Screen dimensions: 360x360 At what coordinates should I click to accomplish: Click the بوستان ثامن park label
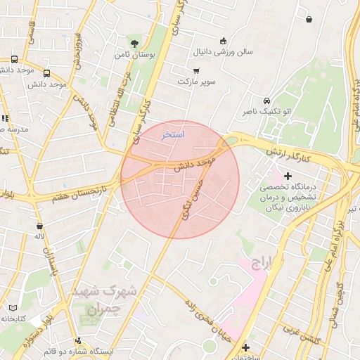[132, 53]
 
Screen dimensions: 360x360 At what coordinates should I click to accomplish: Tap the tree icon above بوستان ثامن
[134, 42]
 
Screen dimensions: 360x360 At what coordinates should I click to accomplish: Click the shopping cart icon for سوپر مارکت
[195, 71]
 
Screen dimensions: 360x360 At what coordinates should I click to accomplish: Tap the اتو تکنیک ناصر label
[261, 112]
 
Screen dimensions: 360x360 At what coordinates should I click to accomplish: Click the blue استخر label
[172, 134]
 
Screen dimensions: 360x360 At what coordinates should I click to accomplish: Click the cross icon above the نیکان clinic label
[287, 175]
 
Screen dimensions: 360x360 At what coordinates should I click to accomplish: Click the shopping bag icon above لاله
[39, 226]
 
